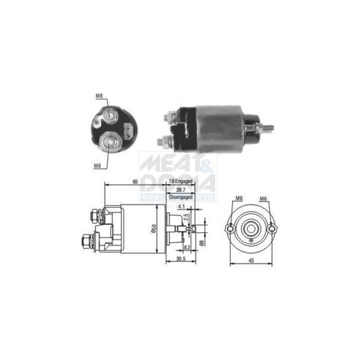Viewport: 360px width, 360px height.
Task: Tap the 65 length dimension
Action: click(135, 182)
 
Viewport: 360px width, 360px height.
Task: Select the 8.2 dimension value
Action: click(187, 247)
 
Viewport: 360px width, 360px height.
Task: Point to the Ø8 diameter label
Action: click(201, 243)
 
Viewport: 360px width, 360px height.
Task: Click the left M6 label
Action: click(239, 199)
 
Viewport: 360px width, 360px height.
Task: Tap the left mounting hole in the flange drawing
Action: click(230, 228)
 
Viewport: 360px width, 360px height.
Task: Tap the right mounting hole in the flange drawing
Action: click(272, 228)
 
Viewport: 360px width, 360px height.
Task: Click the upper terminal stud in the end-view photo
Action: click(110, 116)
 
